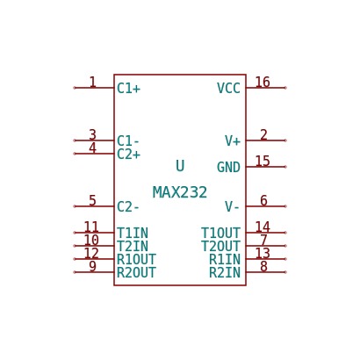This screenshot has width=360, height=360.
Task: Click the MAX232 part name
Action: point(180,192)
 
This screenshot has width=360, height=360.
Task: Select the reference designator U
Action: point(180,166)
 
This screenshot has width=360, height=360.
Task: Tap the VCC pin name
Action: point(228,88)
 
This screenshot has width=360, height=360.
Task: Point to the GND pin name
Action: point(228,168)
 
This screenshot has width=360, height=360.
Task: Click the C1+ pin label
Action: point(129,88)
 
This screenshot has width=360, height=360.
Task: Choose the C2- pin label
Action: point(128,207)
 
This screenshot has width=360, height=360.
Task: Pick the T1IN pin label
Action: point(133,234)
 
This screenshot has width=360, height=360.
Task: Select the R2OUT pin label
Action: point(136,273)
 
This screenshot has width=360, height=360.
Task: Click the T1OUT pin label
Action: point(221,234)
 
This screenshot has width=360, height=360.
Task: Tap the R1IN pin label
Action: point(225,260)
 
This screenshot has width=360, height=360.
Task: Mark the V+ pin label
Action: point(233,141)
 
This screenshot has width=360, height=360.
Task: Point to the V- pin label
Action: point(232,207)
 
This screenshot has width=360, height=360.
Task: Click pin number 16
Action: point(263,82)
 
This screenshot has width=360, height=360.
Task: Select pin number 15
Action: point(263,161)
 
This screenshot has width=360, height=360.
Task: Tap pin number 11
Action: point(91,227)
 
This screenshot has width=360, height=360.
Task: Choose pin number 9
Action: point(92,266)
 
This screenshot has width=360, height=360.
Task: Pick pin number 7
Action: point(263,240)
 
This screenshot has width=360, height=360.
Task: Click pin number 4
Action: point(92,148)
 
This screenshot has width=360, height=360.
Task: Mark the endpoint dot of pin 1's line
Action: point(75,88)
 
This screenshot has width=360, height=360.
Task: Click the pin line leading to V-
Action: point(266,206)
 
